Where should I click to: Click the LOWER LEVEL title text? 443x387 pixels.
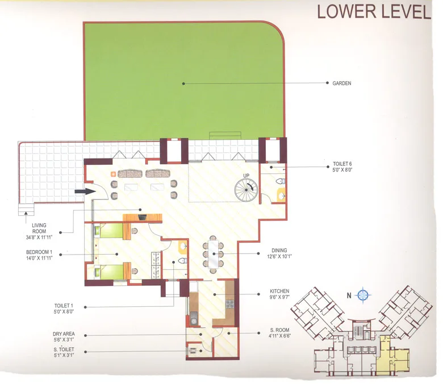coord(374,11)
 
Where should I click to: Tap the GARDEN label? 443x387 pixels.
coord(342,84)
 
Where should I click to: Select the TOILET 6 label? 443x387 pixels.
coord(342,163)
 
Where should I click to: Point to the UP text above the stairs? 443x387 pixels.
coord(246,175)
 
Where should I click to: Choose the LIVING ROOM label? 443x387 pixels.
coord(39,229)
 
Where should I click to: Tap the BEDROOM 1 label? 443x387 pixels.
coord(39,252)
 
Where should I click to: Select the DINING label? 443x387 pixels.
coord(279,250)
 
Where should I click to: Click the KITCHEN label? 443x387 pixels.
coord(279,292)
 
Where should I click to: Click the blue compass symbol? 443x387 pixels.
coord(364,295)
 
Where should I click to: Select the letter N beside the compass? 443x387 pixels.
coord(349,295)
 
